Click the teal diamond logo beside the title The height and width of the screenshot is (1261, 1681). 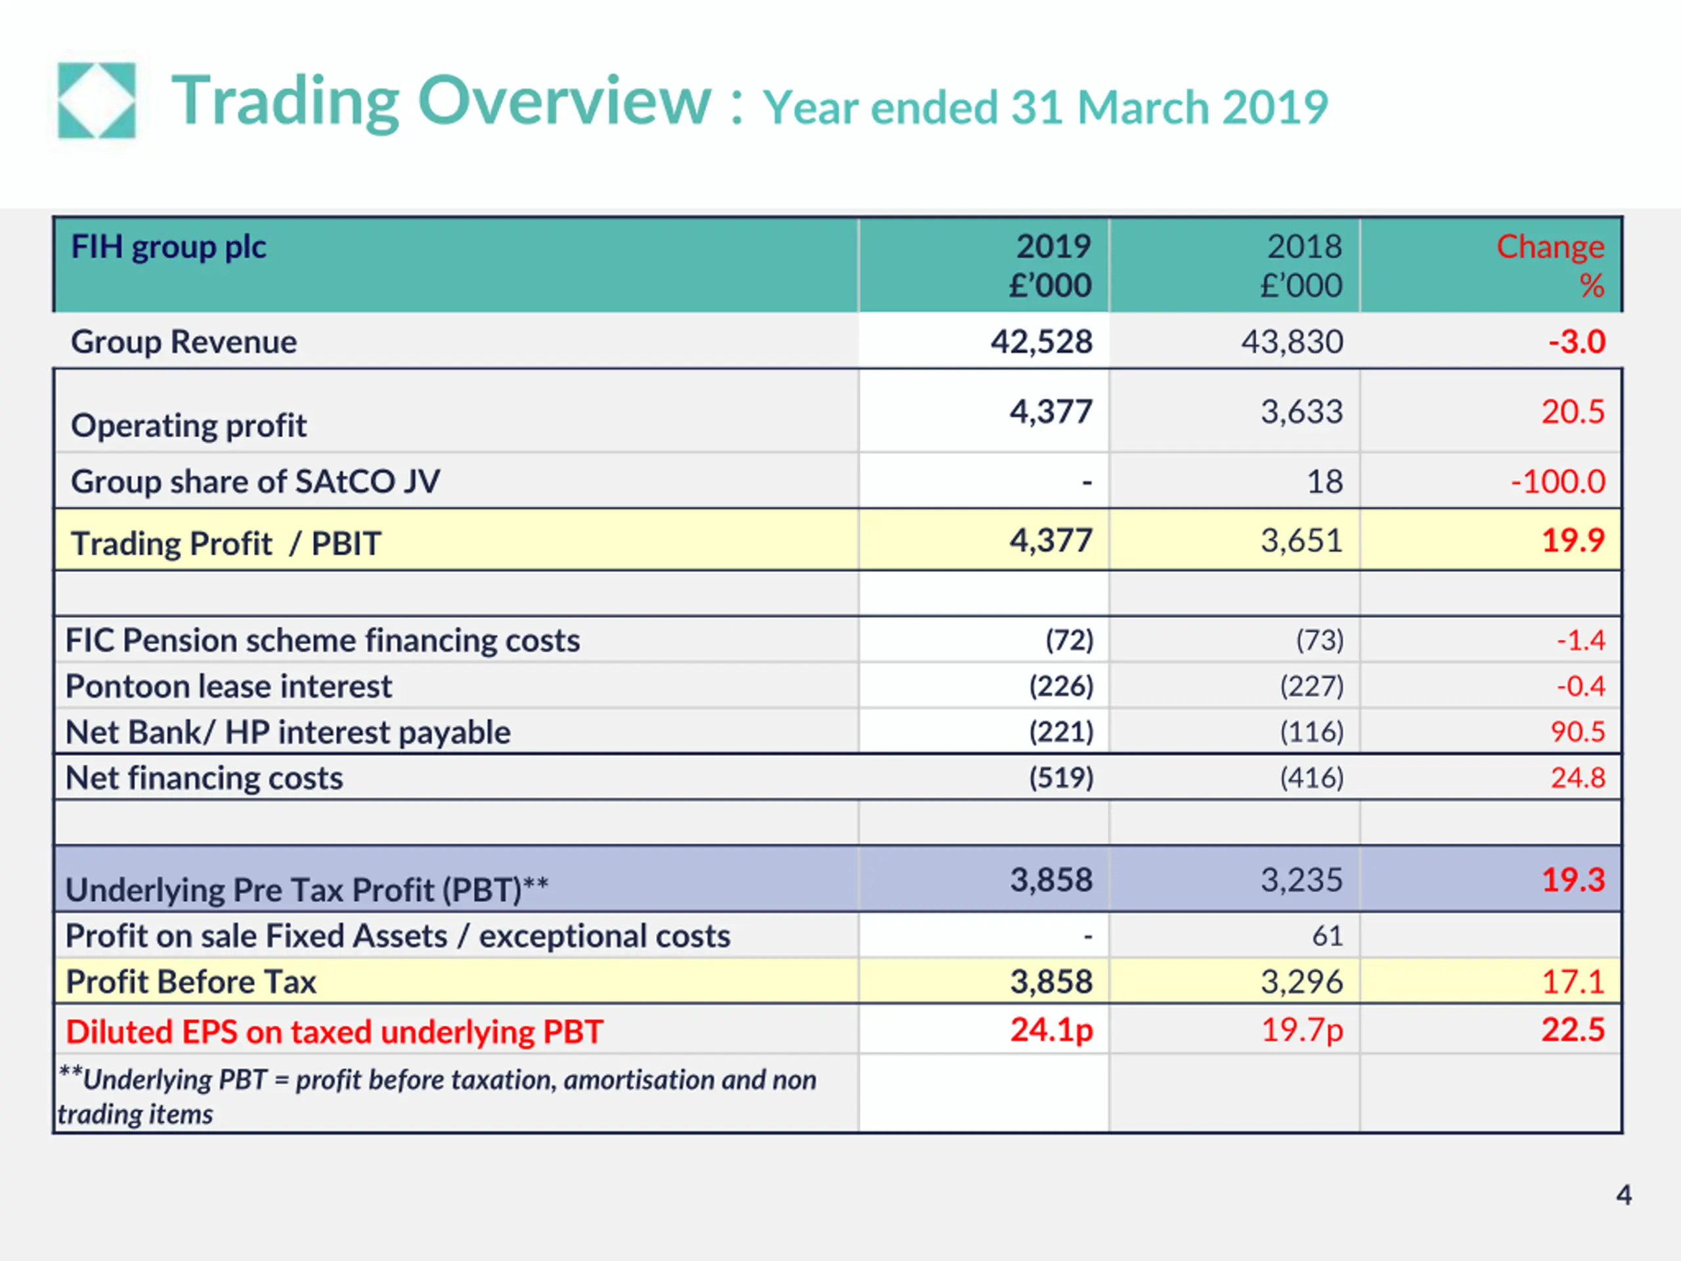97,100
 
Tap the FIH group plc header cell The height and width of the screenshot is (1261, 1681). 169,248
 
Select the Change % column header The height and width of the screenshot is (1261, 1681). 1550,265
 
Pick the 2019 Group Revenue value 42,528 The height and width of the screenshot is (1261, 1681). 1041,342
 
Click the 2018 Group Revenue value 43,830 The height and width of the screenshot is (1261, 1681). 1292,342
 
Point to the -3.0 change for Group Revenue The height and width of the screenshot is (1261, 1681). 1577,342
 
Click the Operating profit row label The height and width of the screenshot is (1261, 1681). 188,426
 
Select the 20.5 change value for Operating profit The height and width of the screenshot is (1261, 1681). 1573,411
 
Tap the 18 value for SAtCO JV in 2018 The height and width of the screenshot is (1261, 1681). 1324,481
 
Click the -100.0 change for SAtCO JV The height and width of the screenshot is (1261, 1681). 1558,481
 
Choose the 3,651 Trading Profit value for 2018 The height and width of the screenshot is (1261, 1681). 1301,541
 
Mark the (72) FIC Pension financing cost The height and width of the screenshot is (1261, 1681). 1069,640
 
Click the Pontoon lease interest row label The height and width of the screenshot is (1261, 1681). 229,686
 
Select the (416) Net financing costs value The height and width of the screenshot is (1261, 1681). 1312,777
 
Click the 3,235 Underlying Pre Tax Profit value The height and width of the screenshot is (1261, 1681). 1301,879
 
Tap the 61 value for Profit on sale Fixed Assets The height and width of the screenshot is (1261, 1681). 1328,936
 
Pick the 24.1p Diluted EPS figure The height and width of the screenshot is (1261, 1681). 1052,1030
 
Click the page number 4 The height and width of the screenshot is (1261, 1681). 1623,1195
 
